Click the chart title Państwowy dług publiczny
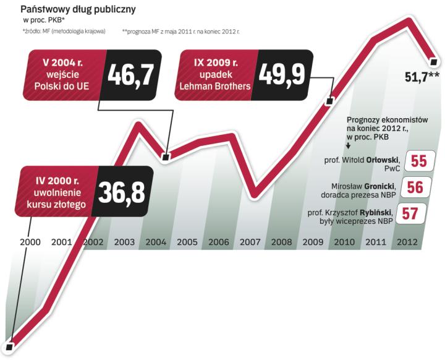tap(78, 9)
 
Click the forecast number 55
tap(419, 161)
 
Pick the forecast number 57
tap(410, 213)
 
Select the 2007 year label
tap(250, 242)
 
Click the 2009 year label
tap(313, 242)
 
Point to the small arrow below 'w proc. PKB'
tap(349, 146)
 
